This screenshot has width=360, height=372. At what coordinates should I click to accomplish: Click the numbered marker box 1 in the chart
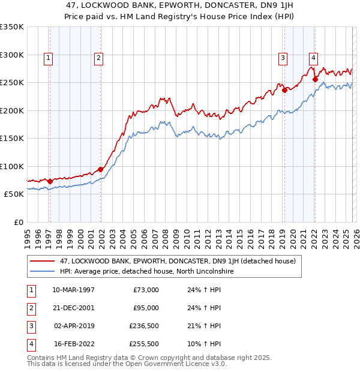tap(47, 58)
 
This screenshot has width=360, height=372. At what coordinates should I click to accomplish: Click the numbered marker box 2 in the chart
tap(98, 58)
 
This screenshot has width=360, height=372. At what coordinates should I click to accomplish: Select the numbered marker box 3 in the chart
tap(282, 58)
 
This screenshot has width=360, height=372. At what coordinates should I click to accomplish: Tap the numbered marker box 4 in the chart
tap(313, 58)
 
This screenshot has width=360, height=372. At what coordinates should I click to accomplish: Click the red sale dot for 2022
tap(316, 79)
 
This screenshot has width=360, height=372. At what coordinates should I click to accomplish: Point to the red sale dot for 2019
tap(284, 91)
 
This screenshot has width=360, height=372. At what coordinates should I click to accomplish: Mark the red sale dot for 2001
tap(100, 169)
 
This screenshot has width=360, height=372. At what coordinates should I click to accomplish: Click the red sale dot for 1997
tap(50, 181)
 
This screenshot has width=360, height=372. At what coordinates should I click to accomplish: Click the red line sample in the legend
tap(43, 261)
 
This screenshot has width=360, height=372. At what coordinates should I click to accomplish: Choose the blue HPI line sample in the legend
tap(43, 271)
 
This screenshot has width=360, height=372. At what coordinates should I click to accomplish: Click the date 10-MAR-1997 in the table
tap(74, 289)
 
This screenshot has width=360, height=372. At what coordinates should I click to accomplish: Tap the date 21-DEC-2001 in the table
tap(74, 308)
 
